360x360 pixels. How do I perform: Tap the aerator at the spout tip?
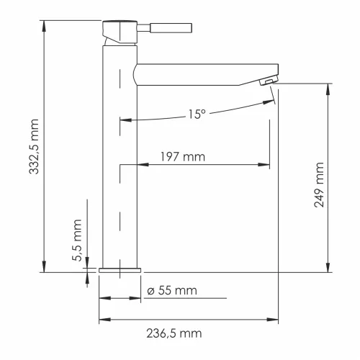coord(268,81)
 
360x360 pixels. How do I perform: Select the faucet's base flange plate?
coord(119,269)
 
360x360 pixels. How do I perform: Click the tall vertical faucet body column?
coord(119,158)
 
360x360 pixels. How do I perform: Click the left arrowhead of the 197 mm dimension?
coord(123,166)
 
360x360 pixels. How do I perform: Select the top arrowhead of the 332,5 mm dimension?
coord(45,24)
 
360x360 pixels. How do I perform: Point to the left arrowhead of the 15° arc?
coord(125,120)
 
